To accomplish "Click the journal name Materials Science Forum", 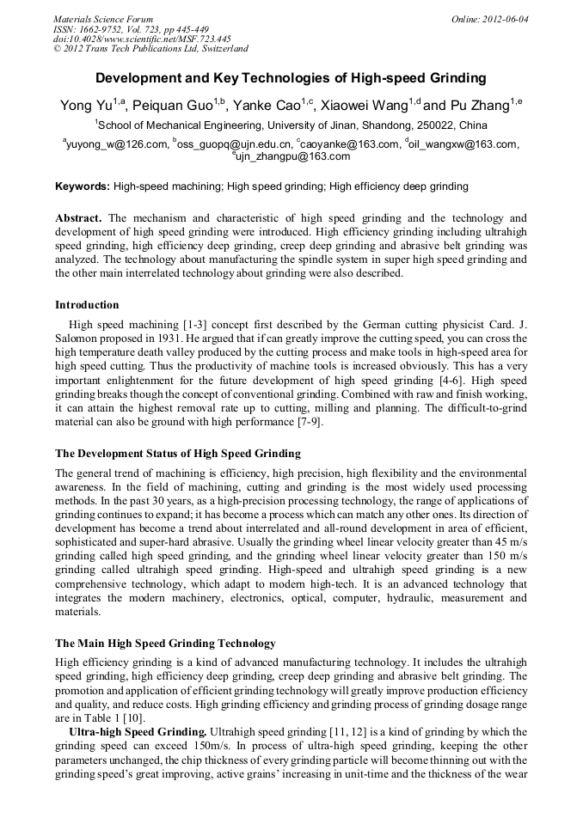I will point(103,19).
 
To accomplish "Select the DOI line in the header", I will point(142,39).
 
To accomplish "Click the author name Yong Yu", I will point(87,106).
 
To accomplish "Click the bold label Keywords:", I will point(83,186).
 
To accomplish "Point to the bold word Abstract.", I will point(78,219).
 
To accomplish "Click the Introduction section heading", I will point(87,305).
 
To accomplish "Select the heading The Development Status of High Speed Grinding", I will point(178,454).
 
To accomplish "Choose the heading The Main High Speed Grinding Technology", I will point(165,644).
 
